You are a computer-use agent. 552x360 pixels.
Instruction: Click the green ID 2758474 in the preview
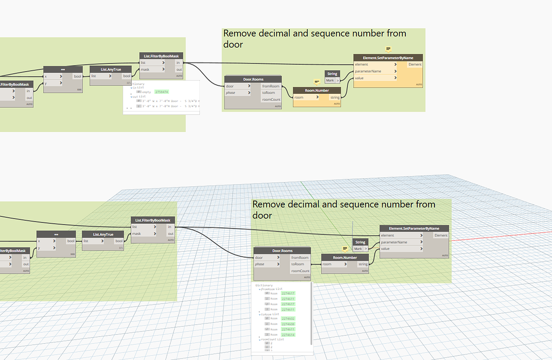[x=161, y=92]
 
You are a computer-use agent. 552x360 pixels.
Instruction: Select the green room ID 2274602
[x=288, y=319]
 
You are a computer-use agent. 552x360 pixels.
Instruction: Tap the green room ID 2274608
[x=288, y=324]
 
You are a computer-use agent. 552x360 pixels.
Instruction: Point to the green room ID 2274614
[x=288, y=335]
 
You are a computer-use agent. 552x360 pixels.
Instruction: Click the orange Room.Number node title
[x=318, y=91]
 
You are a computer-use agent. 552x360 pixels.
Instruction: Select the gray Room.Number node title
[x=346, y=258]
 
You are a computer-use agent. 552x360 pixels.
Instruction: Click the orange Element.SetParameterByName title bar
[x=388, y=58]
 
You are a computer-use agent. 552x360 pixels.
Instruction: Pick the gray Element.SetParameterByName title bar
[x=414, y=229]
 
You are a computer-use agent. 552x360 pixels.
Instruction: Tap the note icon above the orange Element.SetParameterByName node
[x=388, y=49]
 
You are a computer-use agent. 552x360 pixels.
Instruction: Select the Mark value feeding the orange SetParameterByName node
[x=329, y=80]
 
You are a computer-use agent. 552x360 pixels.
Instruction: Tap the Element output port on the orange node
[x=415, y=65]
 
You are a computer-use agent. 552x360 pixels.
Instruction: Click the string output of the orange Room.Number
[x=335, y=98]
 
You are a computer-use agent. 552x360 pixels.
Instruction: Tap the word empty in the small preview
[x=146, y=92]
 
